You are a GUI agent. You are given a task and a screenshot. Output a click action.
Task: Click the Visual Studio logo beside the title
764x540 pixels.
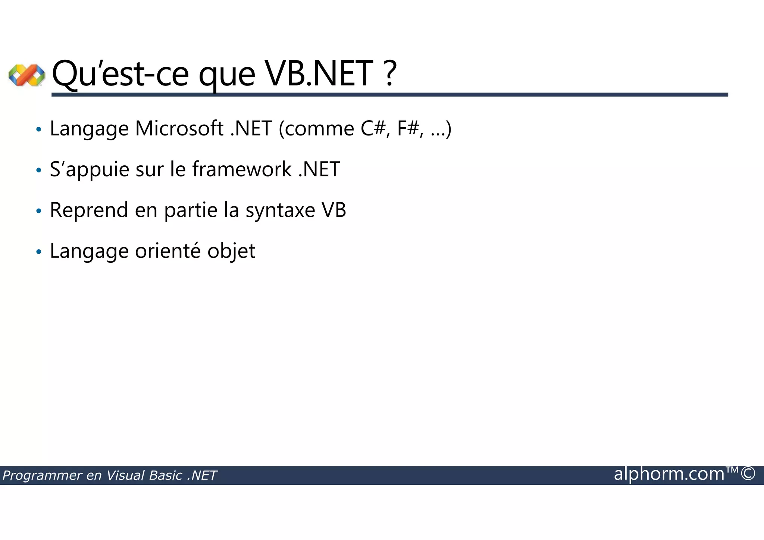click(26, 75)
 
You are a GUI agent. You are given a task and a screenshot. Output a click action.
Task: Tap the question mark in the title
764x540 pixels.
click(389, 74)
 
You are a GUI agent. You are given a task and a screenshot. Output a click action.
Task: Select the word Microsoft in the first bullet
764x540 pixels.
click(179, 129)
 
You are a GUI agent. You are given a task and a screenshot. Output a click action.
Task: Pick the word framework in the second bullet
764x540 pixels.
click(242, 169)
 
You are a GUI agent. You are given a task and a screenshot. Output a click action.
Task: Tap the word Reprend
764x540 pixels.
click(89, 210)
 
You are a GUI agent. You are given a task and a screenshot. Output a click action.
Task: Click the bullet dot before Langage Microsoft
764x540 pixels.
click(38, 130)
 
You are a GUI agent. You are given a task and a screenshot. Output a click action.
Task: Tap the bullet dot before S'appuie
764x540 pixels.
click(38, 171)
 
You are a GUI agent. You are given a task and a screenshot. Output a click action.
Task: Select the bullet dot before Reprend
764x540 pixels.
click(38, 212)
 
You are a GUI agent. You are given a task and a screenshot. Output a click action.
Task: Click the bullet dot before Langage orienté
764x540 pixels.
click(38, 252)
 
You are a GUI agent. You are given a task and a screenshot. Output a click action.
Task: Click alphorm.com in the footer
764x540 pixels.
click(669, 474)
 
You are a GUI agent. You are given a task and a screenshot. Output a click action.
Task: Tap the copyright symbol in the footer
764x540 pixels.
click(748, 474)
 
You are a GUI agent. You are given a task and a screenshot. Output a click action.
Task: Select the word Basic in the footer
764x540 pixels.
click(165, 475)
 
